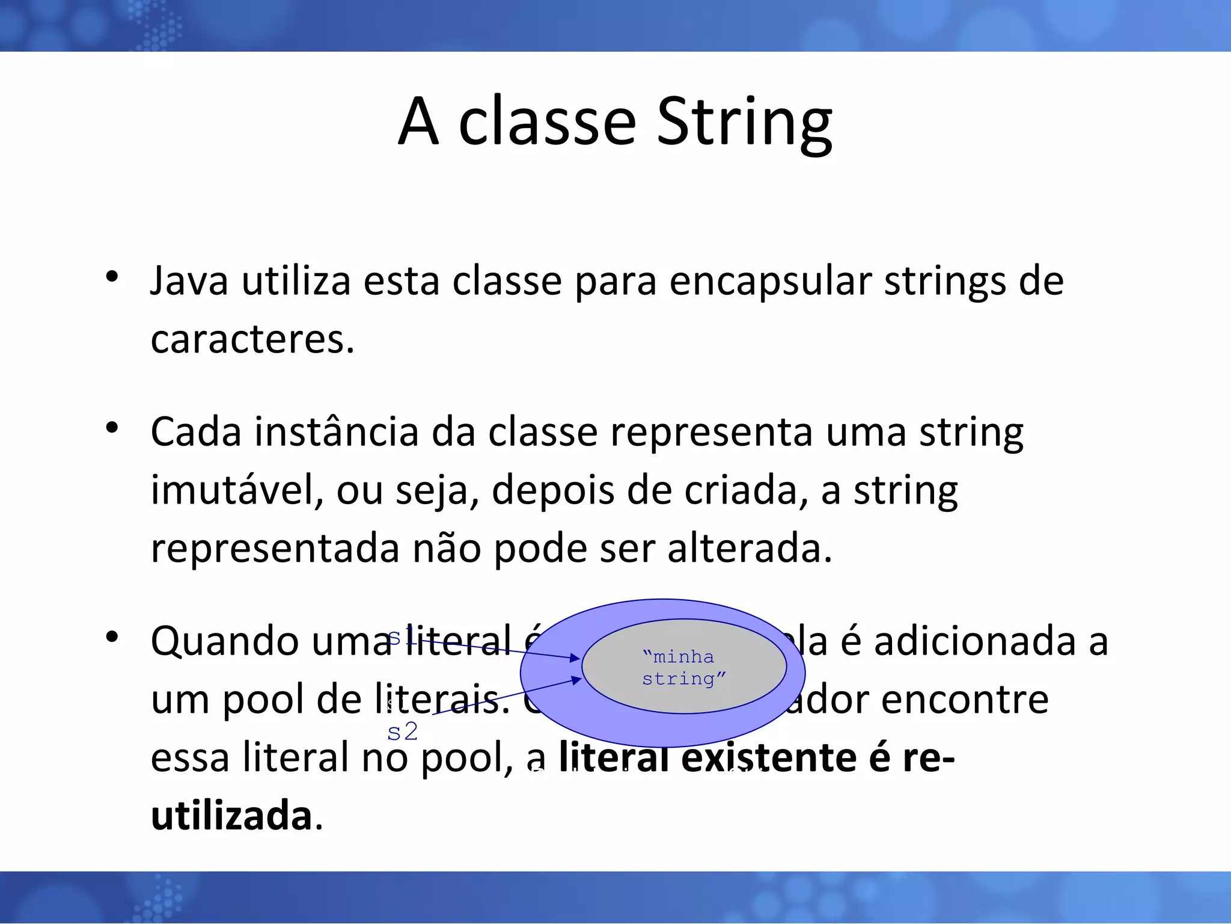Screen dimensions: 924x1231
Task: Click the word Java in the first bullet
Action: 189,282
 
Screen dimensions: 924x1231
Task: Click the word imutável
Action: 237,490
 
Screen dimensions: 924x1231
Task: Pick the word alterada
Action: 750,549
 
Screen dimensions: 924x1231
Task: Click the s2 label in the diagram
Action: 402,732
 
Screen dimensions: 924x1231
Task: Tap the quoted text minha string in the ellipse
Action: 683,668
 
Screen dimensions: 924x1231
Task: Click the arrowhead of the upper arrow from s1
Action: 575,659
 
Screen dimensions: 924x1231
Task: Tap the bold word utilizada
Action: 231,816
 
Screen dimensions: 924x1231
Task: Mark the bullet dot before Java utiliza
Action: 112,278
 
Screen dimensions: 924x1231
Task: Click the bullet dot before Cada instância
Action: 112,428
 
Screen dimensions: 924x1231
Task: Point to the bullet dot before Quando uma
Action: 112,638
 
